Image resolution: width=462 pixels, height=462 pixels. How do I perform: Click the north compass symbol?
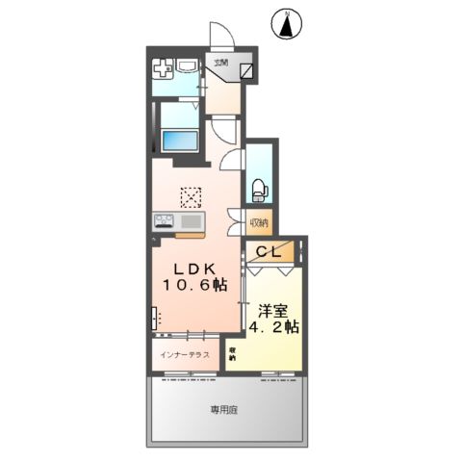tap(286, 25)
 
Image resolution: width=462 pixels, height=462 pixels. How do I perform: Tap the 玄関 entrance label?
tap(221, 64)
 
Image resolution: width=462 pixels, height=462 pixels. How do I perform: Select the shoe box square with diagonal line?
tap(248, 70)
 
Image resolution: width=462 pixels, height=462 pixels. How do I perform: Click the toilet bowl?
tap(258, 189)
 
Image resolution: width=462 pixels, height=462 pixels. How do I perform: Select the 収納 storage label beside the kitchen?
tap(259, 223)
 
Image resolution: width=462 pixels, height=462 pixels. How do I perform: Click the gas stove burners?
tap(163, 222)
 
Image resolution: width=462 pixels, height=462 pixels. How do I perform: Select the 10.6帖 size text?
tap(193, 286)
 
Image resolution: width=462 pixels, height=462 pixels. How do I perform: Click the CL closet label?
tap(270, 253)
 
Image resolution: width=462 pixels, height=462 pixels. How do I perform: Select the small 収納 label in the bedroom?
tap(232, 352)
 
